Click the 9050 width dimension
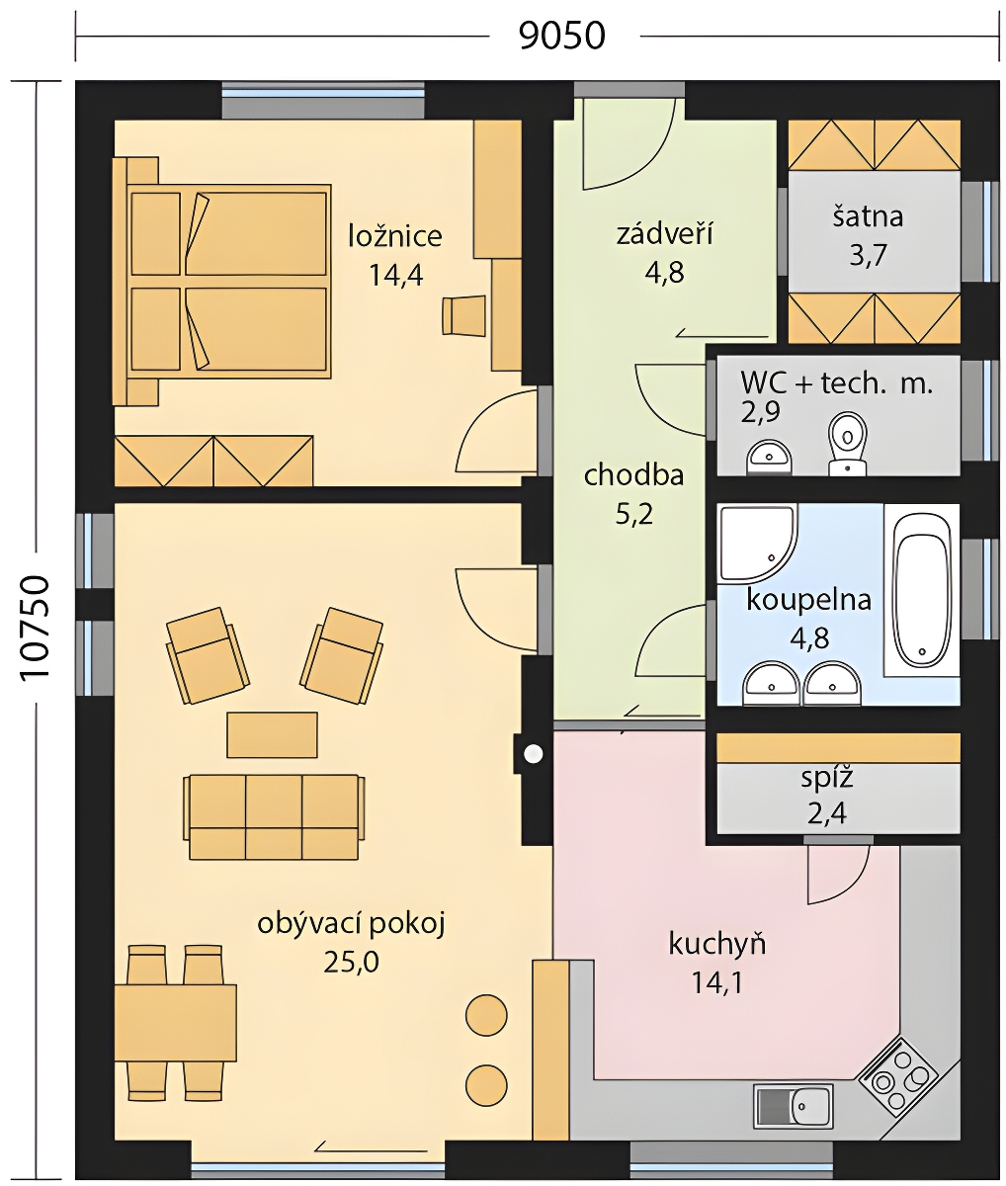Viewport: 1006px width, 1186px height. pyautogui.click(x=562, y=37)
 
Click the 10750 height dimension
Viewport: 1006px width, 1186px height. pyautogui.click(x=36, y=629)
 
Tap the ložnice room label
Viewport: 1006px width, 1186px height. pyautogui.click(x=395, y=236)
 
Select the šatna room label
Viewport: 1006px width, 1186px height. pyautogui.click(x=868, y=216)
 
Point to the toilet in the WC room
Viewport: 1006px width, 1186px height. pyautogui.click(x=847, y=444)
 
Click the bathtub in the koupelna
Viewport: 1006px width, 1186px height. pyautogui.click(x=922, y=591)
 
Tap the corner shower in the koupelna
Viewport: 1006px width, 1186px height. pyautogui.click(x=758, y=544)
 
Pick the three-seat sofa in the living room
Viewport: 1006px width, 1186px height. pyautogui.click(x=273, y=816)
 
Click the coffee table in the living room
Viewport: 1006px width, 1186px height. pyautogui.click(x=272, y=734)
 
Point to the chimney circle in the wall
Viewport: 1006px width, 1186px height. pyautogui.click(x=533, y=753)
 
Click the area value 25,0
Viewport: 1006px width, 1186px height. pyautogui.click(x=351, y=963)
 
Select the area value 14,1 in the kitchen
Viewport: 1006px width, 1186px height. pyautogui.click(x=716, y=983)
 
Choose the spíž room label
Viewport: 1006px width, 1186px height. pyautogui.click(x=827, y=778)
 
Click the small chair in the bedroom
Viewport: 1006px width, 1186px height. pyautogui.click(x=463, y=314)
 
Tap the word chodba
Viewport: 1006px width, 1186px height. pyautogui.click(x=634, y=475)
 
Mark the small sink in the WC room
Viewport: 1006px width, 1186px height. pyautogui.click(x=769, y=458)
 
